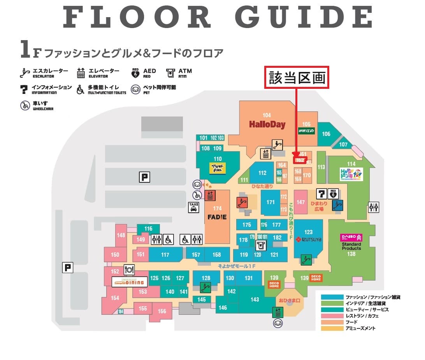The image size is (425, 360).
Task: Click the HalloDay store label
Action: tap(267, 125)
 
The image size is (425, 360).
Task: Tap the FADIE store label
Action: tap(217, 217)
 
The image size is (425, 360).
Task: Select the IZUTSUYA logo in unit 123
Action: tap(309, 239)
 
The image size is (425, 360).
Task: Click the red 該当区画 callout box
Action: tap(297, 78)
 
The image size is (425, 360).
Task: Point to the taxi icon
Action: tap(193, 207)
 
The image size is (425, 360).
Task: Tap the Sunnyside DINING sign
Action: tap(128, 282)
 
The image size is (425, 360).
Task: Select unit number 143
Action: tap(255, 300)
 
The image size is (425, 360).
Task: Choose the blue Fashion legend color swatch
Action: tap(332, 297)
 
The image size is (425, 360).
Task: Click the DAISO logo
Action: tap(351, 237)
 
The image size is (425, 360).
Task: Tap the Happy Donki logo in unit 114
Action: tap(351, 174)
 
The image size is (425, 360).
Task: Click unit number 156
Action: tap(162, 311)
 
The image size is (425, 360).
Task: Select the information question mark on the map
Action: tap(322, 193)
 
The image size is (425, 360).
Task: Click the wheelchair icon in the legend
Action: tap(25, 106)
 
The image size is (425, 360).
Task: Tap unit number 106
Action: tap(326, 134)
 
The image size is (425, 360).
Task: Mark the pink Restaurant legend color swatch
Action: tap(332, 316)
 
